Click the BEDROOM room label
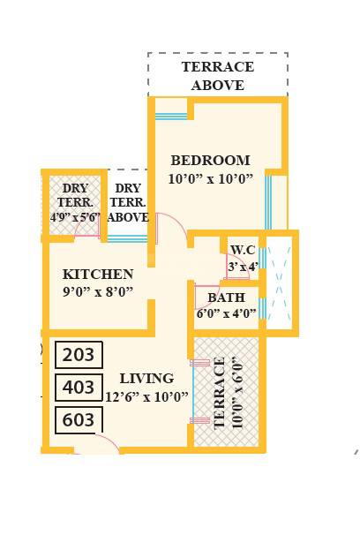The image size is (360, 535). pos(210,161)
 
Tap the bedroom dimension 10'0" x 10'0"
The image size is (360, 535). pos(210,178)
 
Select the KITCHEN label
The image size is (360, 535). pos(98,275)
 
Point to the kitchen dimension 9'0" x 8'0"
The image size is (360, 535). pos(98,291)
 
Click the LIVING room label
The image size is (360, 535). pos(146,379)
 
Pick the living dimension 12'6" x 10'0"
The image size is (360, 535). pos(146,396)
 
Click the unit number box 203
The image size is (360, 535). pos(79,355)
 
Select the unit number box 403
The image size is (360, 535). pos(79,388)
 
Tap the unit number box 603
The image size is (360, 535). pos(79,419)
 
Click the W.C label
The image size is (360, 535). pos(243,250)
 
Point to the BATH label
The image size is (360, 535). pos(227,298)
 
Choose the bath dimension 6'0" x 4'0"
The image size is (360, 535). pos(227,313)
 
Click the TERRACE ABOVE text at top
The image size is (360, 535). pos(217,76)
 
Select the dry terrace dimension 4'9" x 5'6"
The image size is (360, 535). pos(75,216)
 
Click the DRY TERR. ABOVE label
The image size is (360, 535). pos(128,202)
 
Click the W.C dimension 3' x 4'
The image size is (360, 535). pos(244,266)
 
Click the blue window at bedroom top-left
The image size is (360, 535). pos(171,115)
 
